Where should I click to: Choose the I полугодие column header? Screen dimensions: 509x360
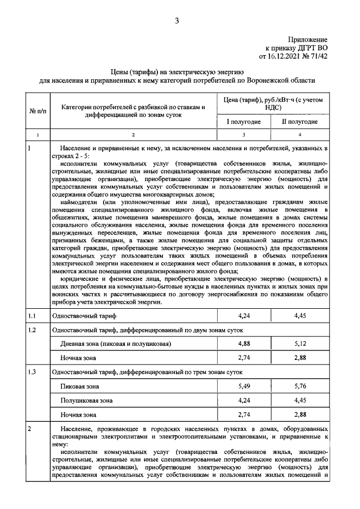point(244,121)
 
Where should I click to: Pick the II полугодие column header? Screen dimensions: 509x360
point(299,121)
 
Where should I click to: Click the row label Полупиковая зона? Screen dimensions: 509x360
point(87,401)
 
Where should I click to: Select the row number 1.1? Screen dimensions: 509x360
point(33,316)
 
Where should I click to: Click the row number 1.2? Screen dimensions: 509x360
point(33,330)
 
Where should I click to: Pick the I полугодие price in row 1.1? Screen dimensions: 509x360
point(244,316)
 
